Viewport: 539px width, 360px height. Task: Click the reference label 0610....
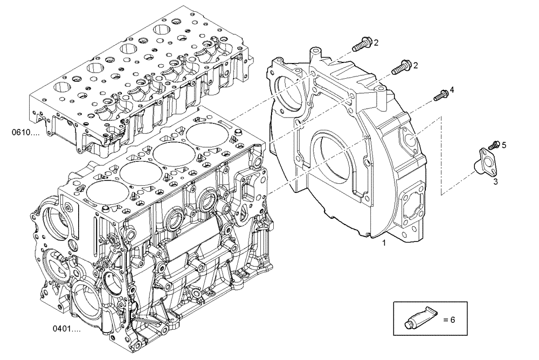tap(24, 131)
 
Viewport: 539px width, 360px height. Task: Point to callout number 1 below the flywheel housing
tap(384, 244)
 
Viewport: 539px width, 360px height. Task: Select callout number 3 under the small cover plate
tap(495, 182)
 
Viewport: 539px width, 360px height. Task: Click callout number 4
tap(452, 89)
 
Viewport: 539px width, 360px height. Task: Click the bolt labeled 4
tap(440, 95)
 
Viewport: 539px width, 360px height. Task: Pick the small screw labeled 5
tap(493, 145)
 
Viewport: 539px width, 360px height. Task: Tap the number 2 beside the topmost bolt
tap(376, 42)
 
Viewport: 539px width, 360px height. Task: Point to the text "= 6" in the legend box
tap(449, 320)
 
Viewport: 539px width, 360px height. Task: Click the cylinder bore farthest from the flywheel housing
tap(107, 190)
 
